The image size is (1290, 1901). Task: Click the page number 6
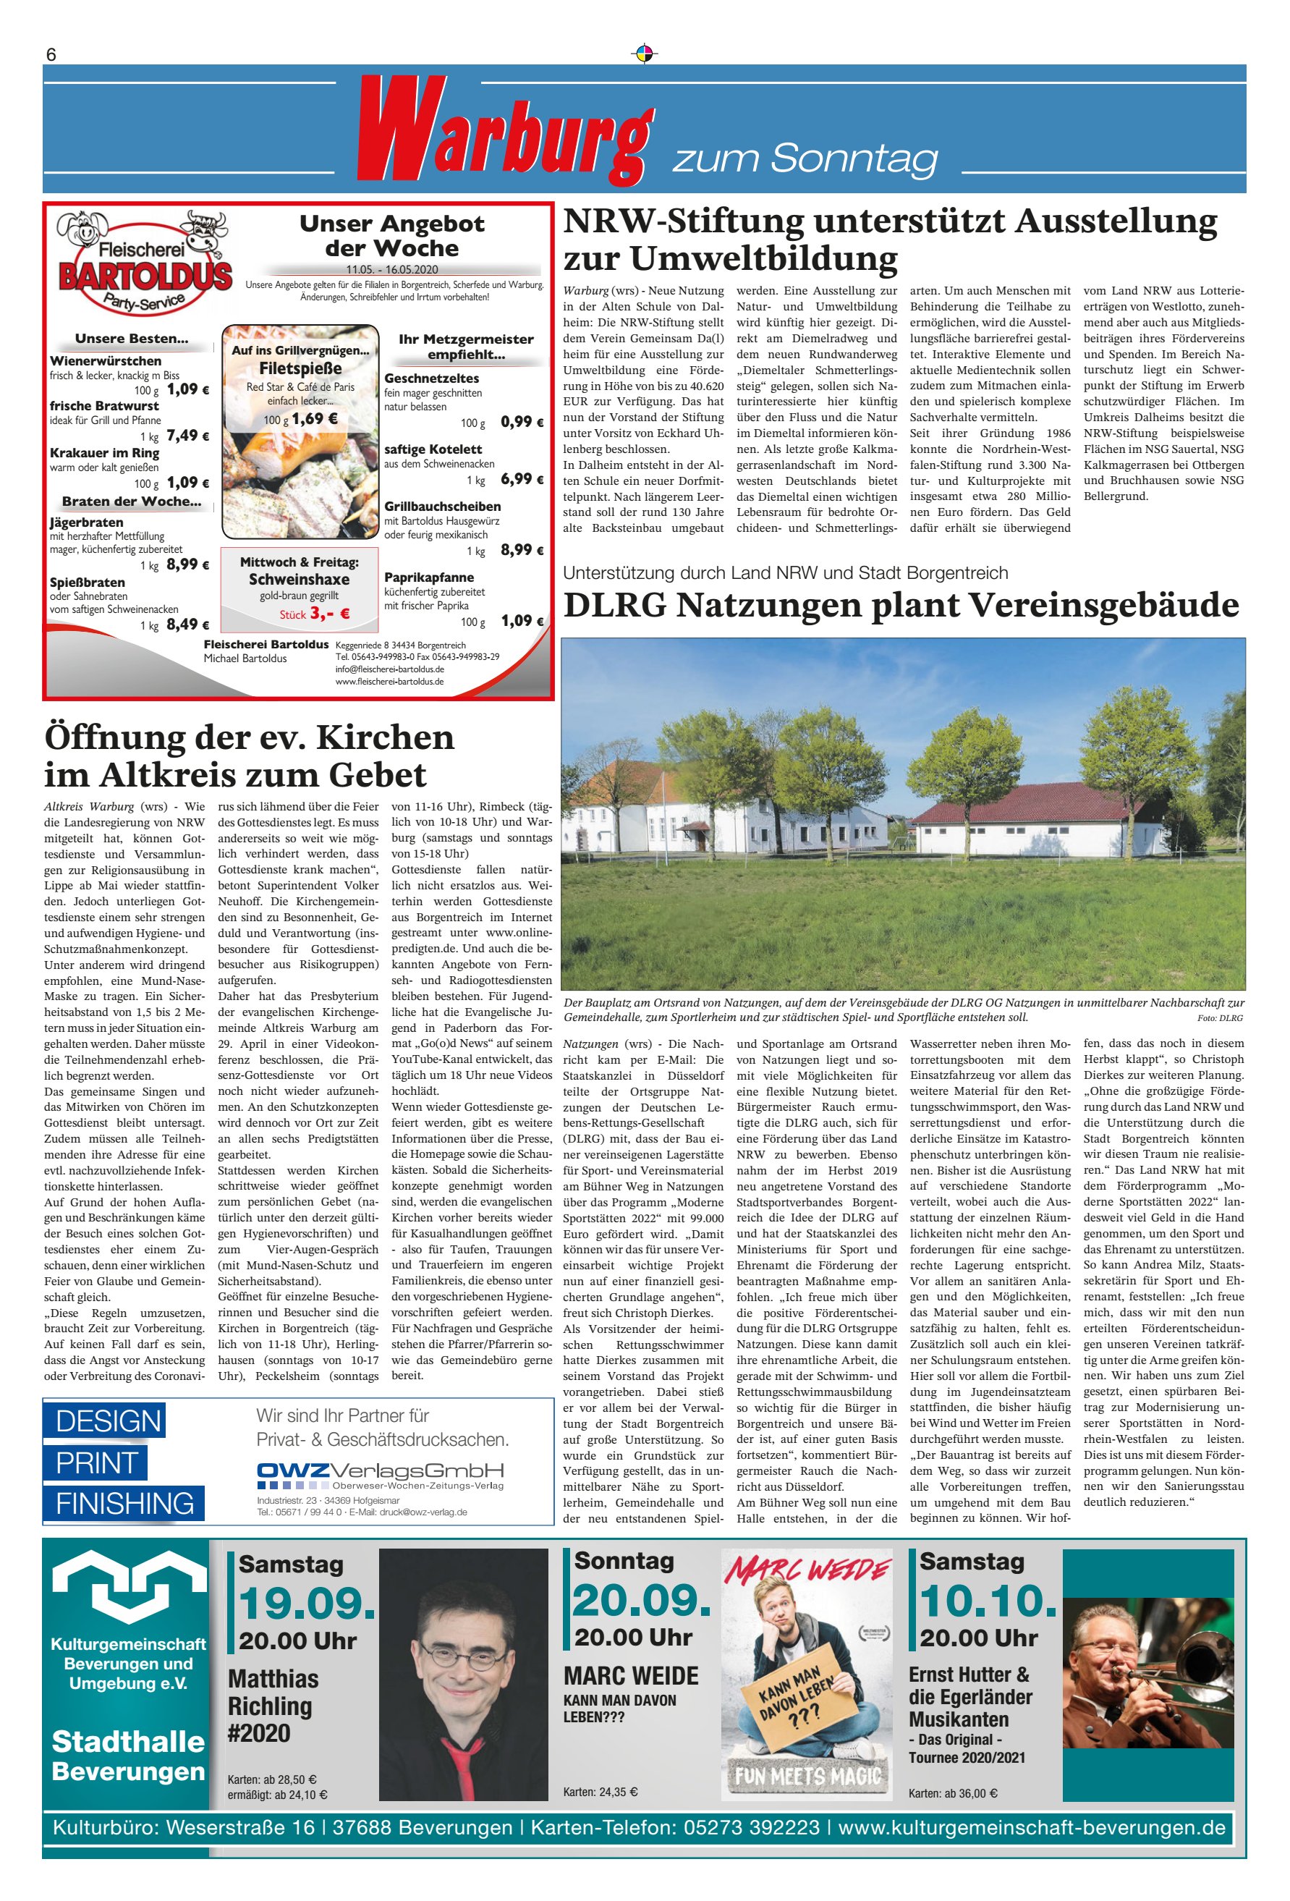(51, 55)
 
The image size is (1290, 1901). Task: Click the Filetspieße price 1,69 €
(315, 419)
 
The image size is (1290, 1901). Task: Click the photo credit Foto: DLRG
(1219, 1018)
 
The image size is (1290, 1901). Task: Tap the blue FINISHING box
(124, 1504)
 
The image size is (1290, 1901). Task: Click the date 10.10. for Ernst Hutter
(988, 1601)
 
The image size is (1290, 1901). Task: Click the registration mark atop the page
(645, 54)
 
